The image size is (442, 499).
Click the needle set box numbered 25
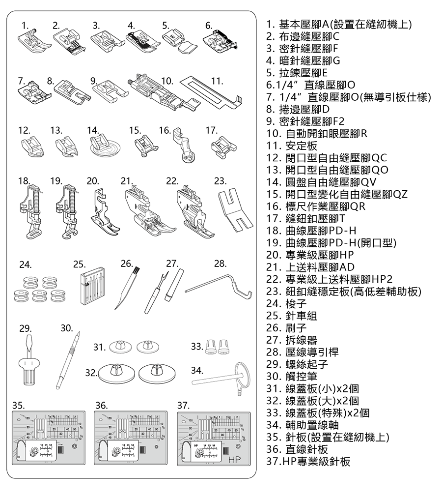[92, 286]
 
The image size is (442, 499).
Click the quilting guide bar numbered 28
[216, 285]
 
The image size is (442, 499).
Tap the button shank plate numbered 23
[235, 209]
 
